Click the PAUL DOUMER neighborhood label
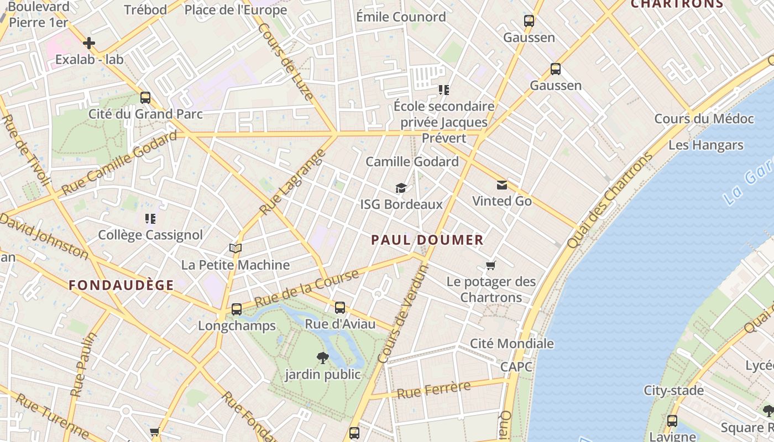pyautogui.click(x=427, y=240)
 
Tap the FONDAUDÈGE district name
pyautogui.click(x=121, y=285)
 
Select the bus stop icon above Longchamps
pyautogui.click(x=237, y=309)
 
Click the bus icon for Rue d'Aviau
pyautogui.click(x=340, y=308)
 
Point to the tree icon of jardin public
pyautogui.click(x=322, y=358)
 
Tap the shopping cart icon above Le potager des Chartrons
pyautogui.click(x=490, y=266)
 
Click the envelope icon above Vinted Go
pyautogui.click(x=501, y=185)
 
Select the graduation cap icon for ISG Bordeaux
pyautogui.click(x=401, y=188)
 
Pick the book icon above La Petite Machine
pyautogui.click(x=236, y=249)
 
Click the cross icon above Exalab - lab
pyautogui.click(x=89, y=43)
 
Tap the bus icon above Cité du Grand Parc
pyautogui.click(x=145, y=98)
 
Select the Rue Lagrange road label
pyautogui.click(x=291, y=182)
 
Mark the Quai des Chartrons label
pyautogui.click(x=610, y=200)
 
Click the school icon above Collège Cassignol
pyautogui.click(x=150, y=219)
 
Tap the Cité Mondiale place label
pyautogui.click(x=511, y=343)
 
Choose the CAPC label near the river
pyautogui.click(x=516, y=367)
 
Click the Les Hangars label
pyautogui.click(x=705, y=145)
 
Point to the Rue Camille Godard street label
pyautogui.click(x=119, y=163)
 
